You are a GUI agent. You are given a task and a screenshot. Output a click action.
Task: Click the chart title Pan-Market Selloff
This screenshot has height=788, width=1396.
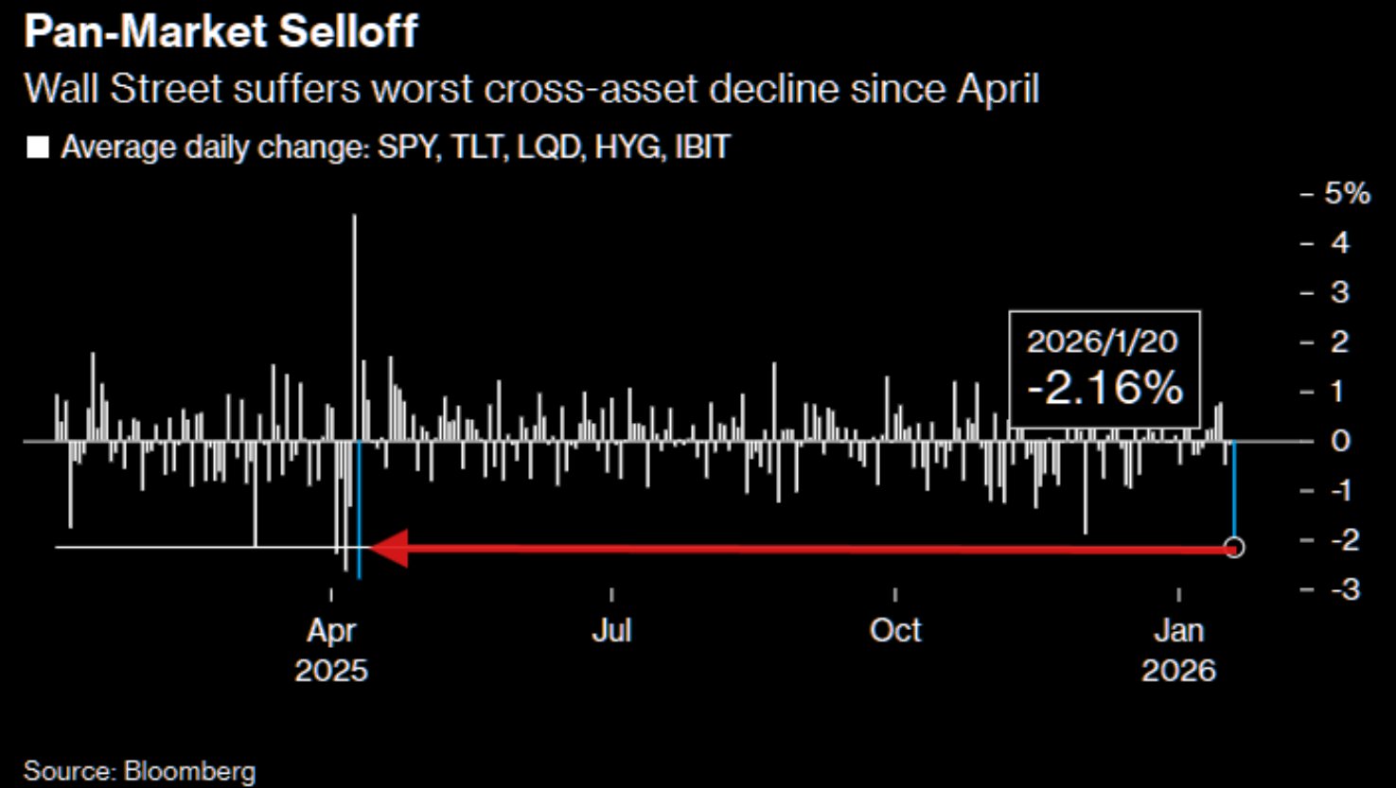(x=220, y=31)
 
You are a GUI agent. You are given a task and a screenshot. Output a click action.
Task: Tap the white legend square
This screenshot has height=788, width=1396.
(x=38, y=149)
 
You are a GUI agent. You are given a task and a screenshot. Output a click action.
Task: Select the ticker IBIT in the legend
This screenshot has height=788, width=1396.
(x=701, y=149)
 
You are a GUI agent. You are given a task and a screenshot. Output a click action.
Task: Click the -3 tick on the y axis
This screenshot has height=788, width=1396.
(x=1345, y=589)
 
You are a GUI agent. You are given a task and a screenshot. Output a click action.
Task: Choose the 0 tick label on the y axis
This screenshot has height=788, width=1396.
(x=1340, y=441)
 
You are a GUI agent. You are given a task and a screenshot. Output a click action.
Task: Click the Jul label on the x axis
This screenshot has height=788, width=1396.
(x=611, y=630)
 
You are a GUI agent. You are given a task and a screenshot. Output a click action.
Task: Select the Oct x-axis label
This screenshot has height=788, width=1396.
(x=895, y=630)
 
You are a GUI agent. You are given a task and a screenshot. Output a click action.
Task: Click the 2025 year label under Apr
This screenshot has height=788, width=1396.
(x=331, y=671)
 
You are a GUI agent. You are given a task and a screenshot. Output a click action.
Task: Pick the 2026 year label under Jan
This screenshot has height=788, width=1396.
(x=1178, y=671)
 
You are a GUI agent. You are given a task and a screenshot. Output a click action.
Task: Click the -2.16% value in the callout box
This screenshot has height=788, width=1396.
(x=1104, y=388)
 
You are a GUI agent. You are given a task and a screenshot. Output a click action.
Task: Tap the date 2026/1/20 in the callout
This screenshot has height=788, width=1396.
(x=1103, y=341)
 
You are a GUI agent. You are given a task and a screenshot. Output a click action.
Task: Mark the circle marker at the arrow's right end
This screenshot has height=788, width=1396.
(x=1234, y=547)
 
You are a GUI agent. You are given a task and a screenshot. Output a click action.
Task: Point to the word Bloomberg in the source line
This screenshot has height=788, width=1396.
(x=189, y=770)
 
